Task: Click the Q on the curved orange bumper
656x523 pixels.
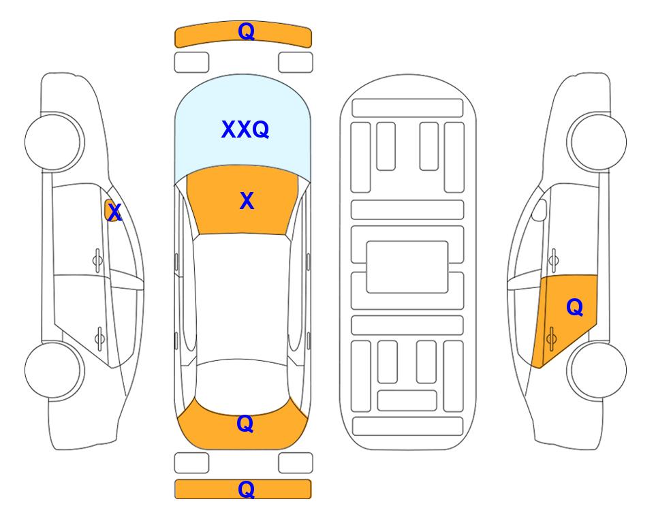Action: pyautogui.click(x=247, y=31)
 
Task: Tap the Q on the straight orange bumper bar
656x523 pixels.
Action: pyautogui.click(x=247, y=489)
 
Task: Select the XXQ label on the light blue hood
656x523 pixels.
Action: pyautogui.click(x=245, y=129)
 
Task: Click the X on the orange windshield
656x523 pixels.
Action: pyautogui.click(x=247, y=201)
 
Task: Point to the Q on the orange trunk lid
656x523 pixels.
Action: pyautogui.click(x=245, y=424)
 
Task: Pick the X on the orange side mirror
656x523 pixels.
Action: pyautogui.click(x=114, y=212)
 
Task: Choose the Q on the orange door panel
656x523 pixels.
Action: pyautogui.click(x=575, y=308)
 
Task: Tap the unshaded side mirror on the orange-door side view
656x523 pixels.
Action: pyautogui.click(x=540, y=210)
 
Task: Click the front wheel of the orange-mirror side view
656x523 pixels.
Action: pyautogui.click(x=54, y=142)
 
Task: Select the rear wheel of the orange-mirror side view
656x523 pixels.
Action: pyautogui.click(x=54, y=370)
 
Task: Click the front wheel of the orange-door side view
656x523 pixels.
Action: pyautogui.click(x=597, y=142)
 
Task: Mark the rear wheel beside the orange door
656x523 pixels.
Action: pyautogui.click(x=597, y=370)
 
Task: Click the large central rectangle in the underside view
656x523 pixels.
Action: pyautogui.click(x=407, y=267)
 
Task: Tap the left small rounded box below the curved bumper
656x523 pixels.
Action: pyautogui.click(x=191, y=63)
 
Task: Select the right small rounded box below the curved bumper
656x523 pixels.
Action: pyautogui.click(x=296, y=63)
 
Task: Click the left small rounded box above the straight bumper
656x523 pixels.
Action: pyautogui.click(x=191, y=463)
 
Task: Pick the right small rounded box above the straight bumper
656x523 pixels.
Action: pyautogui.click(x=296, y=463)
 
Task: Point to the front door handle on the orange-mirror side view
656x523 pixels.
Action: pyautogui.click(x=97, y=260)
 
